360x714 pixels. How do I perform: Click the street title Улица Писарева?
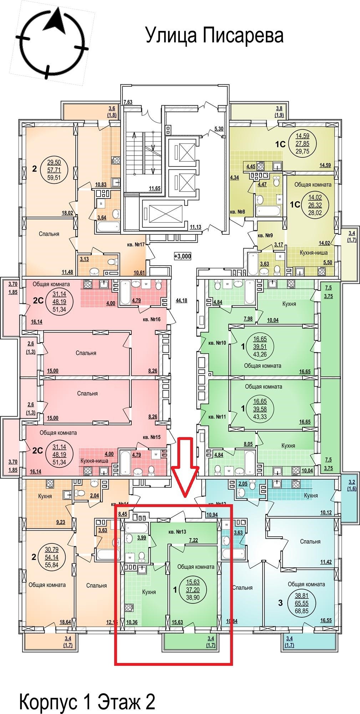pyautogui.click(x=214, y=36)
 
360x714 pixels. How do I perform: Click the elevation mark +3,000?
pyautogui.click(x=182, y=256)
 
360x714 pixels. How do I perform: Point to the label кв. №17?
pyautogui.click(x=136, y=245)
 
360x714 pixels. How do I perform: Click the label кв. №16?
pyautogui.click(x=152, y=319)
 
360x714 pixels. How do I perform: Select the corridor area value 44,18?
pyautogui.click(x=181, y=300)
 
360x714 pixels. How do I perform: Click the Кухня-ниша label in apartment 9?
pyautogui.click(x=309, y=253)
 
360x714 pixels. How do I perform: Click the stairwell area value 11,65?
pyautogui.click(x=154, y=188)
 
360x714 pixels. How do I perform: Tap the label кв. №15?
pyautogui.click(x=152, y=437)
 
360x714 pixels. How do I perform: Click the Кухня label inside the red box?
pyautogui.click(x=149, y=592)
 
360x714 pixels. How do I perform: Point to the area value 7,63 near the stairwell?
pyautogui.click(x=128, y=102)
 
